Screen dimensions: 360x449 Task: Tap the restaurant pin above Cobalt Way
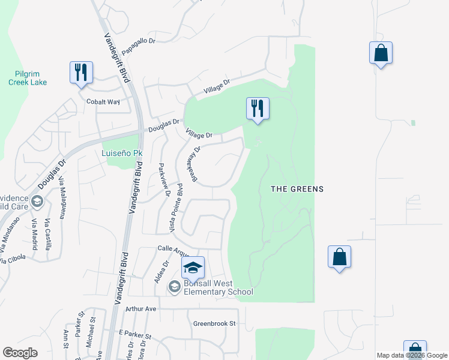coord(80,73)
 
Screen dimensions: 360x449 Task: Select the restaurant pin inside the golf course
coord(258,109)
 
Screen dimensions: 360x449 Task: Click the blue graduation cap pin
coord(193,268)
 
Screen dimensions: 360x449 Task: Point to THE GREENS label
coord(297,189)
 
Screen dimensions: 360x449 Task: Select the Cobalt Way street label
coord(103,102)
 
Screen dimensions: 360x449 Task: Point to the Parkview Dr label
coord(164,179)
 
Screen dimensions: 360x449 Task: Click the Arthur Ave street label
coord(140,309)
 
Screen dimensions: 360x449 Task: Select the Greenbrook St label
coord(215,323)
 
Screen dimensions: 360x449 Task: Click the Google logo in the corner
coord(20,353)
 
